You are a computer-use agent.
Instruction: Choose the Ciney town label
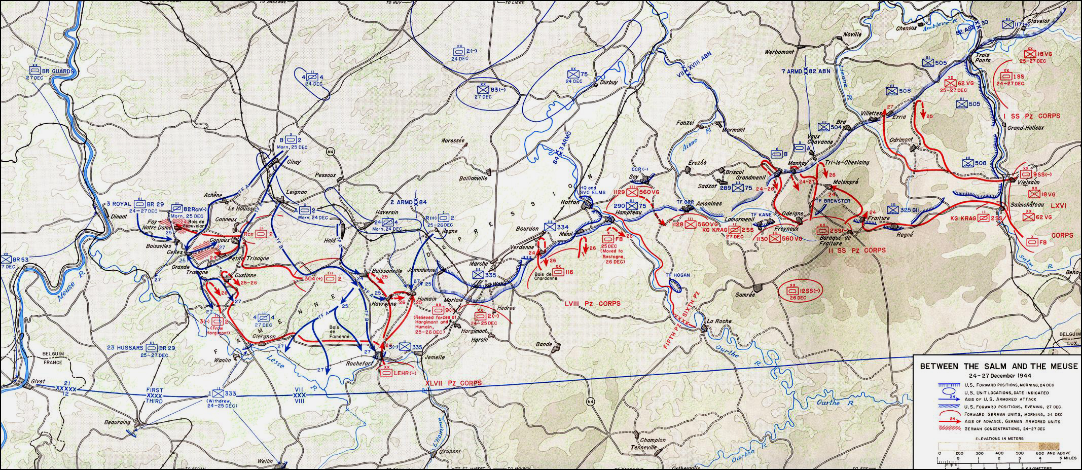(294, 162)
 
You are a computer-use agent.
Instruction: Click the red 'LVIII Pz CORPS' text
(593, 304)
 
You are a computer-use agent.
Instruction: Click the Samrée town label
(745, 295)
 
